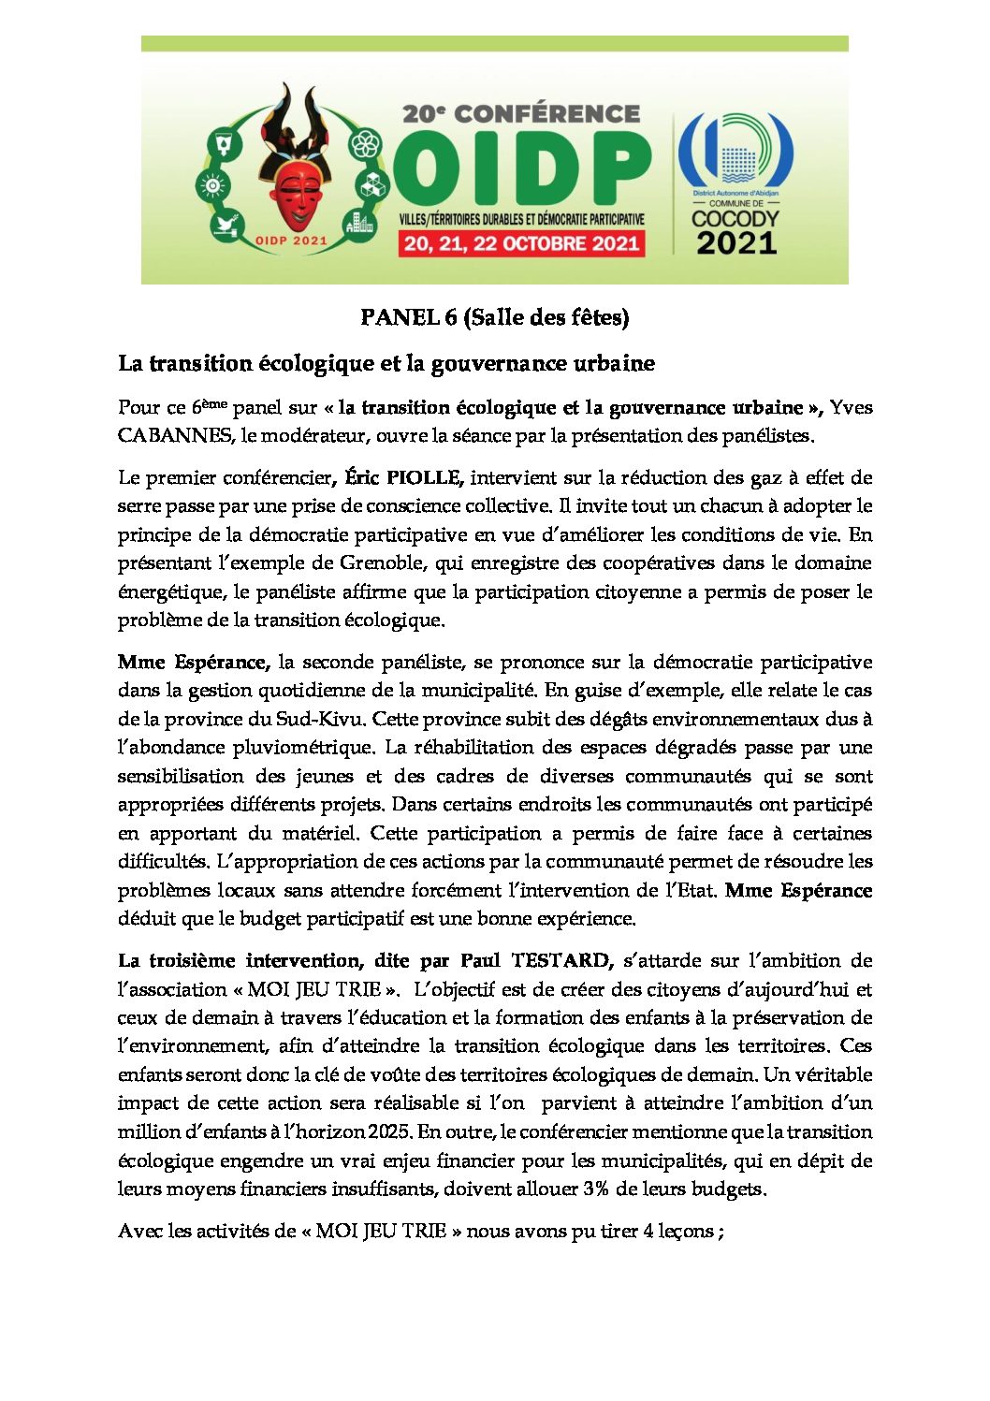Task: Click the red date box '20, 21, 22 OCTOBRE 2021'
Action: coord(521,244)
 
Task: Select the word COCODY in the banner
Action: coord(735,219)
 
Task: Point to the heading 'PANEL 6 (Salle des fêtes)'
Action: coord(495,318)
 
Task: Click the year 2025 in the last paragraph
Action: coord(388,1132)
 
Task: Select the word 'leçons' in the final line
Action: coord(686,1232)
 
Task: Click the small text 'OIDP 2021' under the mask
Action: coord(291,241)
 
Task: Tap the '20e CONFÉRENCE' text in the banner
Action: coord(521,114)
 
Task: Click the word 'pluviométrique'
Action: coord(309,748)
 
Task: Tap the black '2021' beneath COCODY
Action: coord(736,243)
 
